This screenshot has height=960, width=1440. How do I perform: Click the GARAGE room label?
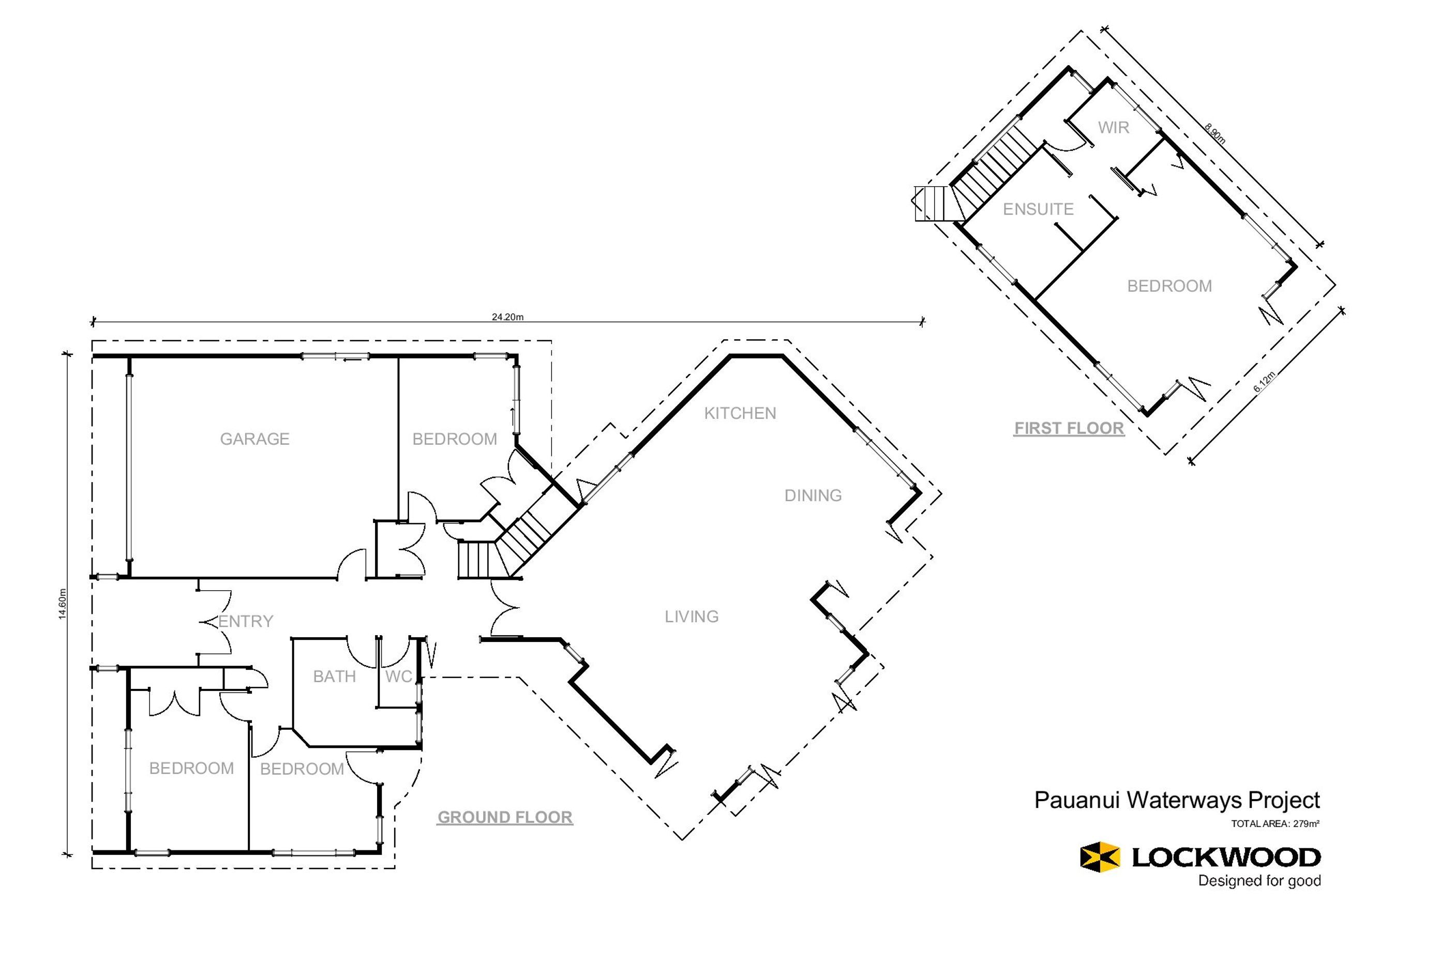pos(254,439)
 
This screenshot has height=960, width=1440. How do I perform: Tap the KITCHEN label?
pos(740,413)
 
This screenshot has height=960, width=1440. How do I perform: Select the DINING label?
pos(813,496)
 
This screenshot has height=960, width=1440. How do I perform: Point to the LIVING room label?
pos(692,617)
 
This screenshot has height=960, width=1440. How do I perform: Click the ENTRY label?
pos(246,621)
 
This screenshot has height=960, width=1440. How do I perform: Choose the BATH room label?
pos(334,677)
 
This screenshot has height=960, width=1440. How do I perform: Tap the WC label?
pos(399,677)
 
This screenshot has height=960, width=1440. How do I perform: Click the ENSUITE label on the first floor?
pos(1039,209)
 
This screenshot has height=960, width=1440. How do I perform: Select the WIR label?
pos(1114,128)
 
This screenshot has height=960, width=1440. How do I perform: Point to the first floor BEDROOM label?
pos(1169,286)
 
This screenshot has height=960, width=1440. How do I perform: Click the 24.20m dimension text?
pos(507,317)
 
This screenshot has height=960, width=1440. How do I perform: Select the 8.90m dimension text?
pos(1216,134)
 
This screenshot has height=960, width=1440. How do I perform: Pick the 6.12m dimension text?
pos(1265,381)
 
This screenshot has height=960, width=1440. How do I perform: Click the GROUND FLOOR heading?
pos(505,817)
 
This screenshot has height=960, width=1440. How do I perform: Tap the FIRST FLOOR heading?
pos(1069,429)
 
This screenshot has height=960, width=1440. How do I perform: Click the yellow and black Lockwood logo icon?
pos(1100,857)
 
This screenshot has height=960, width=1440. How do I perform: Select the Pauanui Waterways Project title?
pos(1177,800)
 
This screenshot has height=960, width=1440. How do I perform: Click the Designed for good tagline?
pos(1259,881)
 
